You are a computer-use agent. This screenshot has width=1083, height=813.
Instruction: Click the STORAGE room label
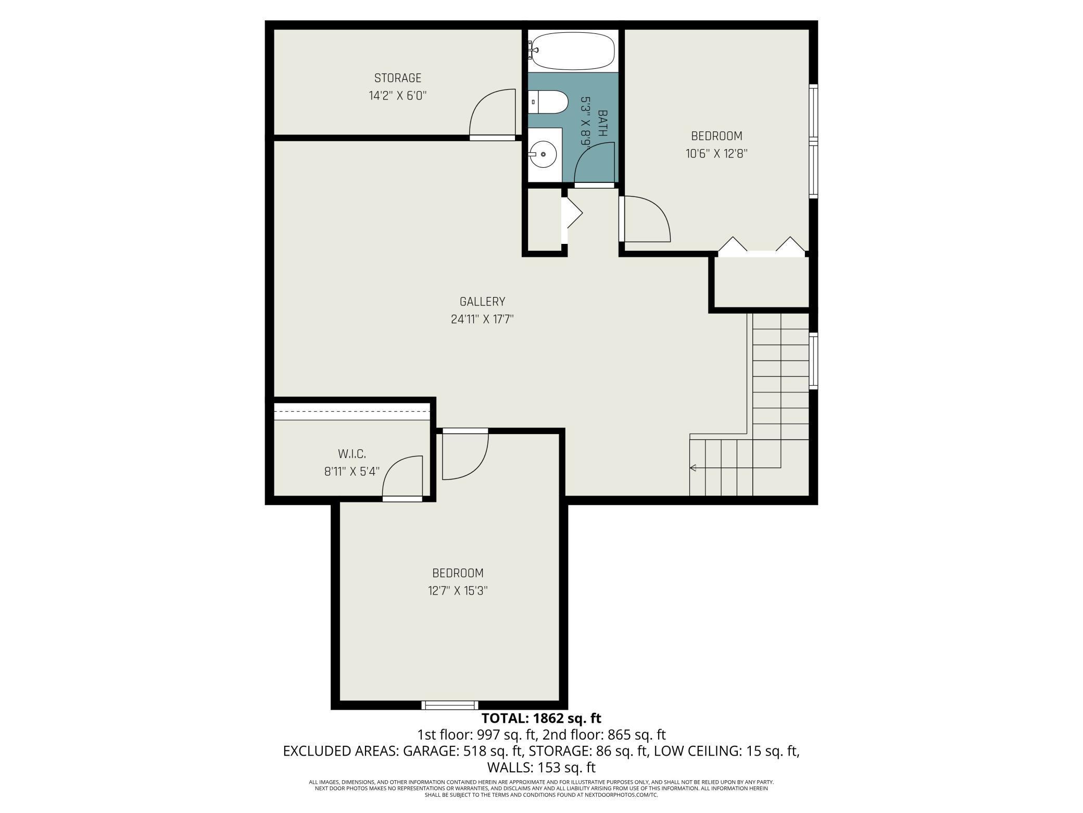pos(398,78)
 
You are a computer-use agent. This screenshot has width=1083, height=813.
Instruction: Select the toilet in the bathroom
pos(547,102)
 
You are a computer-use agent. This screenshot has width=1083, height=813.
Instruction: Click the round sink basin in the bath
pos(543,154)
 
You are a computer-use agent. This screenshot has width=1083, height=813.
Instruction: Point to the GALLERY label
pos(482,302)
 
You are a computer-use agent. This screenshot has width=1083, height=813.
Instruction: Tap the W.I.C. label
pos(352,454)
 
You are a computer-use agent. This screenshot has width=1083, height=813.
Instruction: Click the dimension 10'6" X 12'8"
pos(716,154)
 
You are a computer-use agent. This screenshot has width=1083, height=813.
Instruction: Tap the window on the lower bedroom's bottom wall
pos(449,705)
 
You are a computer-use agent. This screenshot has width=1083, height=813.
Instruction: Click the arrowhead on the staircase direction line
pos(693,468)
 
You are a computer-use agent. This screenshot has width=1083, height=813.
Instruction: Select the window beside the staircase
pos(813,361)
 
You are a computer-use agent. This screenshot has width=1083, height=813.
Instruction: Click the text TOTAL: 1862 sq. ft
pos(541,718)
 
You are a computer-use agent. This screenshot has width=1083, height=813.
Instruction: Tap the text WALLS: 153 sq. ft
pos(541,768)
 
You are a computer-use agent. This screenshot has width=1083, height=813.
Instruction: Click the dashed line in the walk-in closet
pos(352,411)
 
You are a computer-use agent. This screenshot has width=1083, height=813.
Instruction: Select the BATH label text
pos(603,123)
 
